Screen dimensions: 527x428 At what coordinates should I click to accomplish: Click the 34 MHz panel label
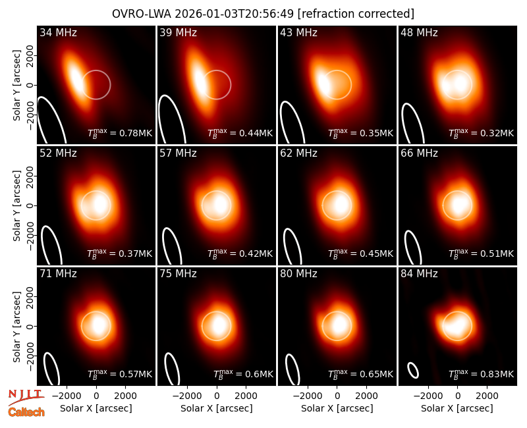click(58, 32)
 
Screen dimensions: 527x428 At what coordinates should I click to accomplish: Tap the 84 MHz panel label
click(419, 274)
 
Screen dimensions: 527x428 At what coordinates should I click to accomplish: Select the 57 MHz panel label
click(178, 153)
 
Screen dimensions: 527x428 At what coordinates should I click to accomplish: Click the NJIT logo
click(26, 397)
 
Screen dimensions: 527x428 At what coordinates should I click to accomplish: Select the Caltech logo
click(26, 412)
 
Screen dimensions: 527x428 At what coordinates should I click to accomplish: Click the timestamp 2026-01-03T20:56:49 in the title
click(235, 14)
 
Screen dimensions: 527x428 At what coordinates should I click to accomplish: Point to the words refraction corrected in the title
click(356, 14)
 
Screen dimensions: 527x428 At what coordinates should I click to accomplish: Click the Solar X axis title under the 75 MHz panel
click(217, 408)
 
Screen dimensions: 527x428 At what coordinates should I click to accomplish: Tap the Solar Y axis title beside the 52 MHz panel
click(16, 205)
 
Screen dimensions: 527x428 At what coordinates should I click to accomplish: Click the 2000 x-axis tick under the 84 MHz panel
click(487, 396)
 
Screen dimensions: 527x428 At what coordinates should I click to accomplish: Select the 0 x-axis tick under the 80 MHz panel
click(337, 396)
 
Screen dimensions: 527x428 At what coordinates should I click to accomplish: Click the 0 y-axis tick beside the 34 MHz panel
click(30, 85)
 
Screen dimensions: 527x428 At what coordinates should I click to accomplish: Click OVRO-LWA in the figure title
click(142, 14)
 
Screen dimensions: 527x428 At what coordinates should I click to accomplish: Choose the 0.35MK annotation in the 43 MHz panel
click(360, 133)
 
